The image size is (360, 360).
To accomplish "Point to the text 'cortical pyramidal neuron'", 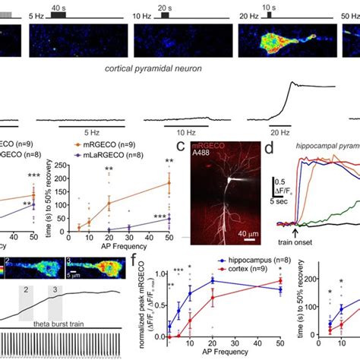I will (x=181, y=68).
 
